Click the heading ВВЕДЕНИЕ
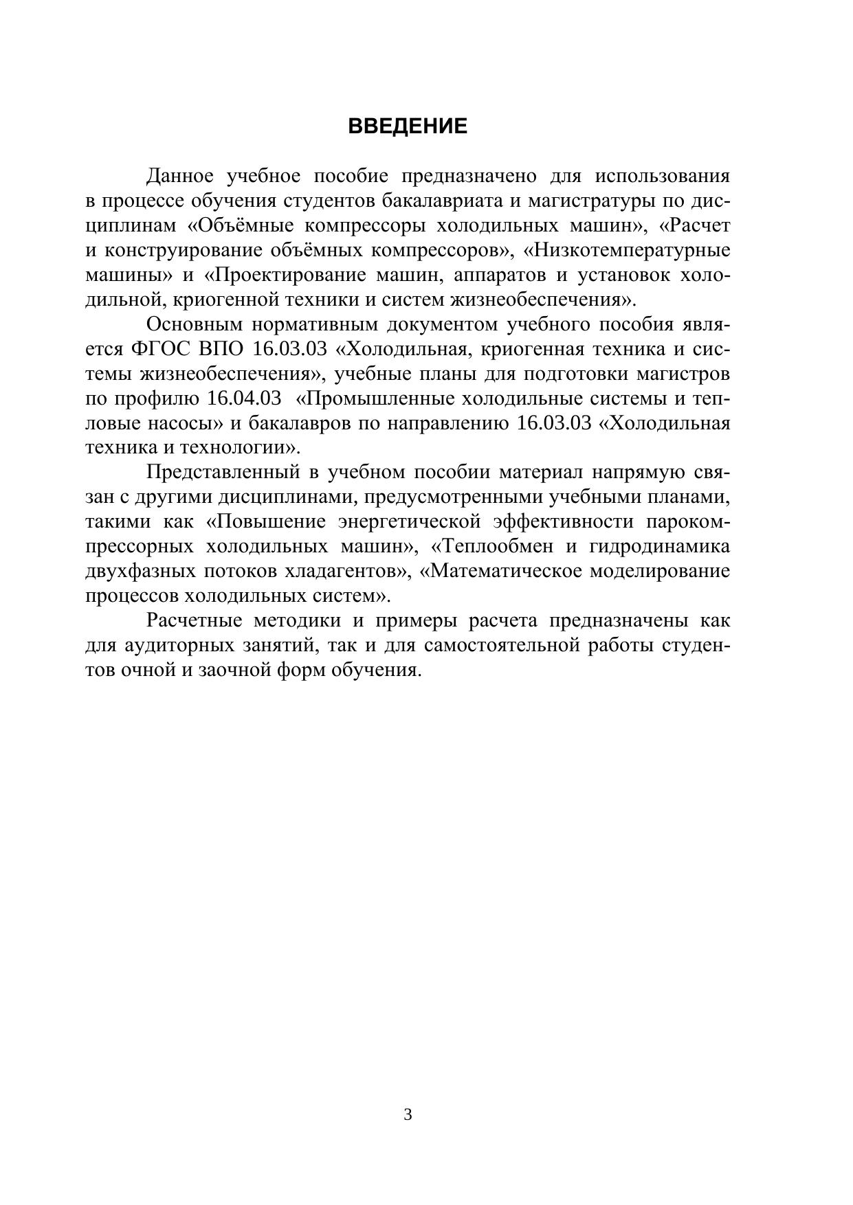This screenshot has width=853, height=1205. tap(408, 126)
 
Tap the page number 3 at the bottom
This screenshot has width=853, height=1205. tap(408, 1114)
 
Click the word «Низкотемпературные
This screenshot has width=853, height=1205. tap(627, 251)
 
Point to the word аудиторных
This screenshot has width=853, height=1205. tap(186, 646)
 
